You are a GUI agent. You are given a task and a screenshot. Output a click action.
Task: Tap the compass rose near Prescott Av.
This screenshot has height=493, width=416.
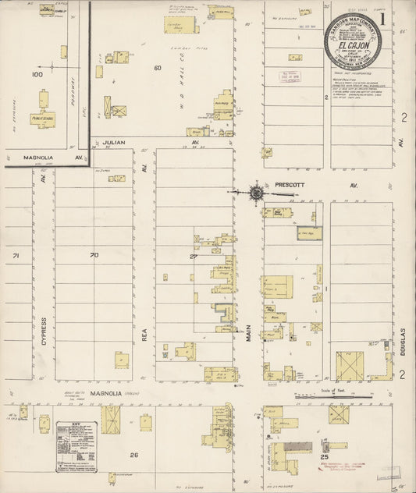256,191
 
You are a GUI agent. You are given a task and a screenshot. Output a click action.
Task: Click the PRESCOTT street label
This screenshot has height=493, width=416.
293,186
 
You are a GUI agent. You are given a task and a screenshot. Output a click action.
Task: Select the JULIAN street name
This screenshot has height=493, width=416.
114,143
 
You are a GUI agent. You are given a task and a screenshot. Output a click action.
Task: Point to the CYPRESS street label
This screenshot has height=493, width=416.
44,332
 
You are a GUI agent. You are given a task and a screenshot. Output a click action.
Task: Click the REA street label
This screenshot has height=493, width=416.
144,334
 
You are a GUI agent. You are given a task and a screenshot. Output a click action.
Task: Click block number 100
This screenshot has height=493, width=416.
37,75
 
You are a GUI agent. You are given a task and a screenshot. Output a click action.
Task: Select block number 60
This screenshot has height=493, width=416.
158,68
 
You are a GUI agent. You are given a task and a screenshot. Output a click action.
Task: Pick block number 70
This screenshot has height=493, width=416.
94,255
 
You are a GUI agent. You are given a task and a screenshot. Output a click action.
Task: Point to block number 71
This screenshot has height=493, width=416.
15,255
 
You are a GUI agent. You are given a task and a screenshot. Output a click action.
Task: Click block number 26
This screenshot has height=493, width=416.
134,455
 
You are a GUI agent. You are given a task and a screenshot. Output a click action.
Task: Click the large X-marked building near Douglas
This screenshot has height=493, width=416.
350,366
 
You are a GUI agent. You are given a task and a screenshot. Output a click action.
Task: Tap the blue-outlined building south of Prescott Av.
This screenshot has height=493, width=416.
308,232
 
